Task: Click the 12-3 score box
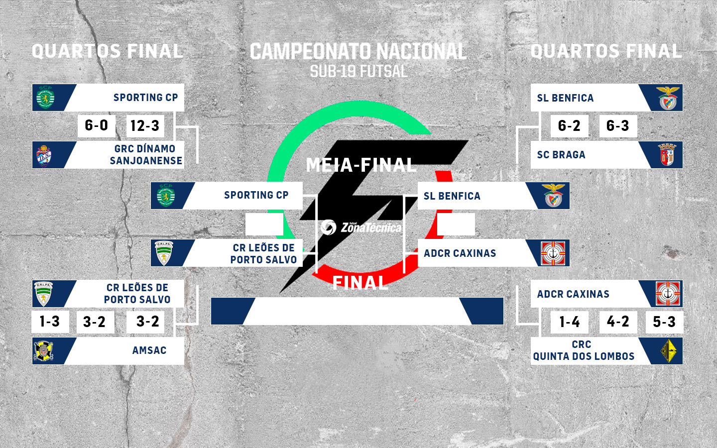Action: [145, 126]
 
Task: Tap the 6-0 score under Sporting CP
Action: [97, 126]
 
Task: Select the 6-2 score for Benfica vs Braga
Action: [569, 126]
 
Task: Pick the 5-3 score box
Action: [664, 322]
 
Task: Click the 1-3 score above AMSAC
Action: [50, 322]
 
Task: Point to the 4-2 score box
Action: [618, 322]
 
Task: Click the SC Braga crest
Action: [667, 155]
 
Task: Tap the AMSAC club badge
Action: [43, 351]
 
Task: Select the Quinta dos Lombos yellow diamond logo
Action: [669, 351]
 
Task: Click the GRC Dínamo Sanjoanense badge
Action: [44, 156]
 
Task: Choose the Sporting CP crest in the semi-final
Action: [166, 195]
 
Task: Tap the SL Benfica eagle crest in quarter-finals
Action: [668, 98]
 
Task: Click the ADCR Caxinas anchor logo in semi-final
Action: [553, 253]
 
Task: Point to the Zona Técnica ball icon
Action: [329, 227]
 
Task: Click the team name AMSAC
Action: [149, 350]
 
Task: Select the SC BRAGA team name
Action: [561, 155]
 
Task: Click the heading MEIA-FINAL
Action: [361, 165]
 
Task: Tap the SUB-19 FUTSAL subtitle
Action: [358, 71]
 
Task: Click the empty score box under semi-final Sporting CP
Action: [264, 224]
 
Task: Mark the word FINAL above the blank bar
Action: [360, 283]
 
